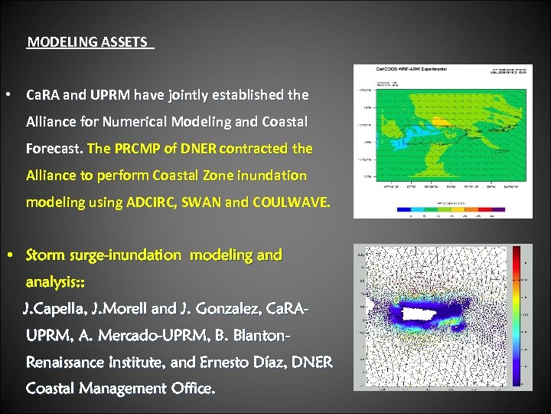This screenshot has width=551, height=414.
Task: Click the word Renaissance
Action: [70, 362]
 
